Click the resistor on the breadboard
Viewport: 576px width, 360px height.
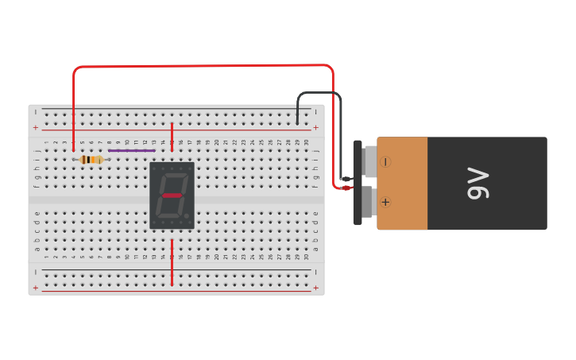pos(91,160)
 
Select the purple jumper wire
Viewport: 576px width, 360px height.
pos(131,150)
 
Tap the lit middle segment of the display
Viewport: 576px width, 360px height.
pos(172,195)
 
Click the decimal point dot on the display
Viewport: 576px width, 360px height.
pos(187,215)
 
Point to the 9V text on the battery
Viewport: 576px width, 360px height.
pos(478,183)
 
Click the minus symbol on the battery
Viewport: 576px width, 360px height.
pos(385,162)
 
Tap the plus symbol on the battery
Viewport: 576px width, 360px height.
pos(385,202)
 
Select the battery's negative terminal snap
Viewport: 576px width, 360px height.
pos(369,161)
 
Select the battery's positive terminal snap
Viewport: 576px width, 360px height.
pos(369,202)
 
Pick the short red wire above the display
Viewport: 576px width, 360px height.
pos(172,137)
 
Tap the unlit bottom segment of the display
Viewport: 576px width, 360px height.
pos(169,215)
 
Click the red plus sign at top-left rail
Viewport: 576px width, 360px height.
pos(35,127)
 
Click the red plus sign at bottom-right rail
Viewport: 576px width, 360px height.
pos(315,288)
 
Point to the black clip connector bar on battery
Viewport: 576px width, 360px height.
pos(358,183)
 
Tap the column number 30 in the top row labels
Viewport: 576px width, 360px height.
pos(307,142)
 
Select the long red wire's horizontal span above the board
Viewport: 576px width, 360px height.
pos(199,66)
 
